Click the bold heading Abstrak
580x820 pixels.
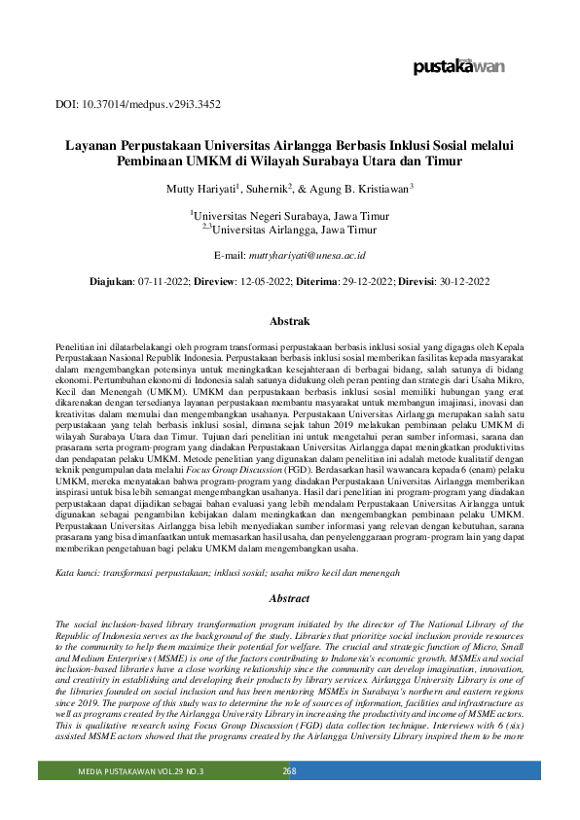pos(289,320)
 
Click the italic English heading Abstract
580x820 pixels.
pos(289,571)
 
